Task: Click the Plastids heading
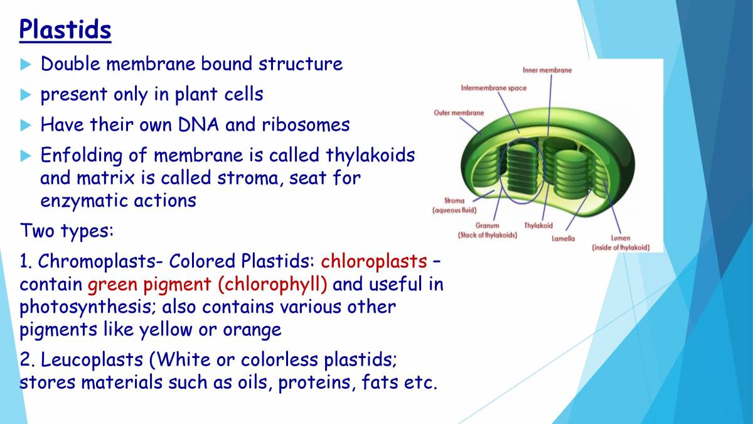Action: click(65, 30)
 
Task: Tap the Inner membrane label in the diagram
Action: click(547, 70)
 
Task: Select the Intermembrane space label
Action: click(494, 88)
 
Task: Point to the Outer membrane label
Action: click(459, 112)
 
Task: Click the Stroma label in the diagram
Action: click(454, 201)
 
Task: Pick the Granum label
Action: click(487, 226)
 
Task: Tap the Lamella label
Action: click(563, 239)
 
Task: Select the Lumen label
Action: click(621, 239)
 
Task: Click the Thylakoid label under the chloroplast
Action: click(538, 226)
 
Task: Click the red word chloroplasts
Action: click(374, 260)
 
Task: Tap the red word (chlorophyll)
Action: click(273, 284)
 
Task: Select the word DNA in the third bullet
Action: click(199, 124)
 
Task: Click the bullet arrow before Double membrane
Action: click(25, 64)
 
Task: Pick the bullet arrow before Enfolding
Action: click(25, 155)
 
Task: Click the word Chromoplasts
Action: click(95, 260)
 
